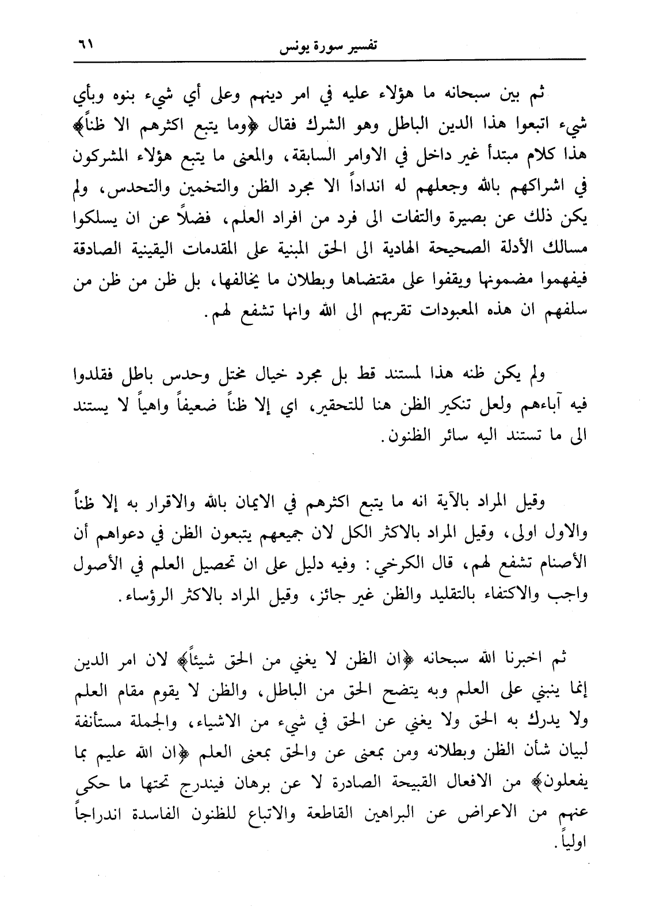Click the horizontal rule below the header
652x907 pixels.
tap(326, 59)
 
